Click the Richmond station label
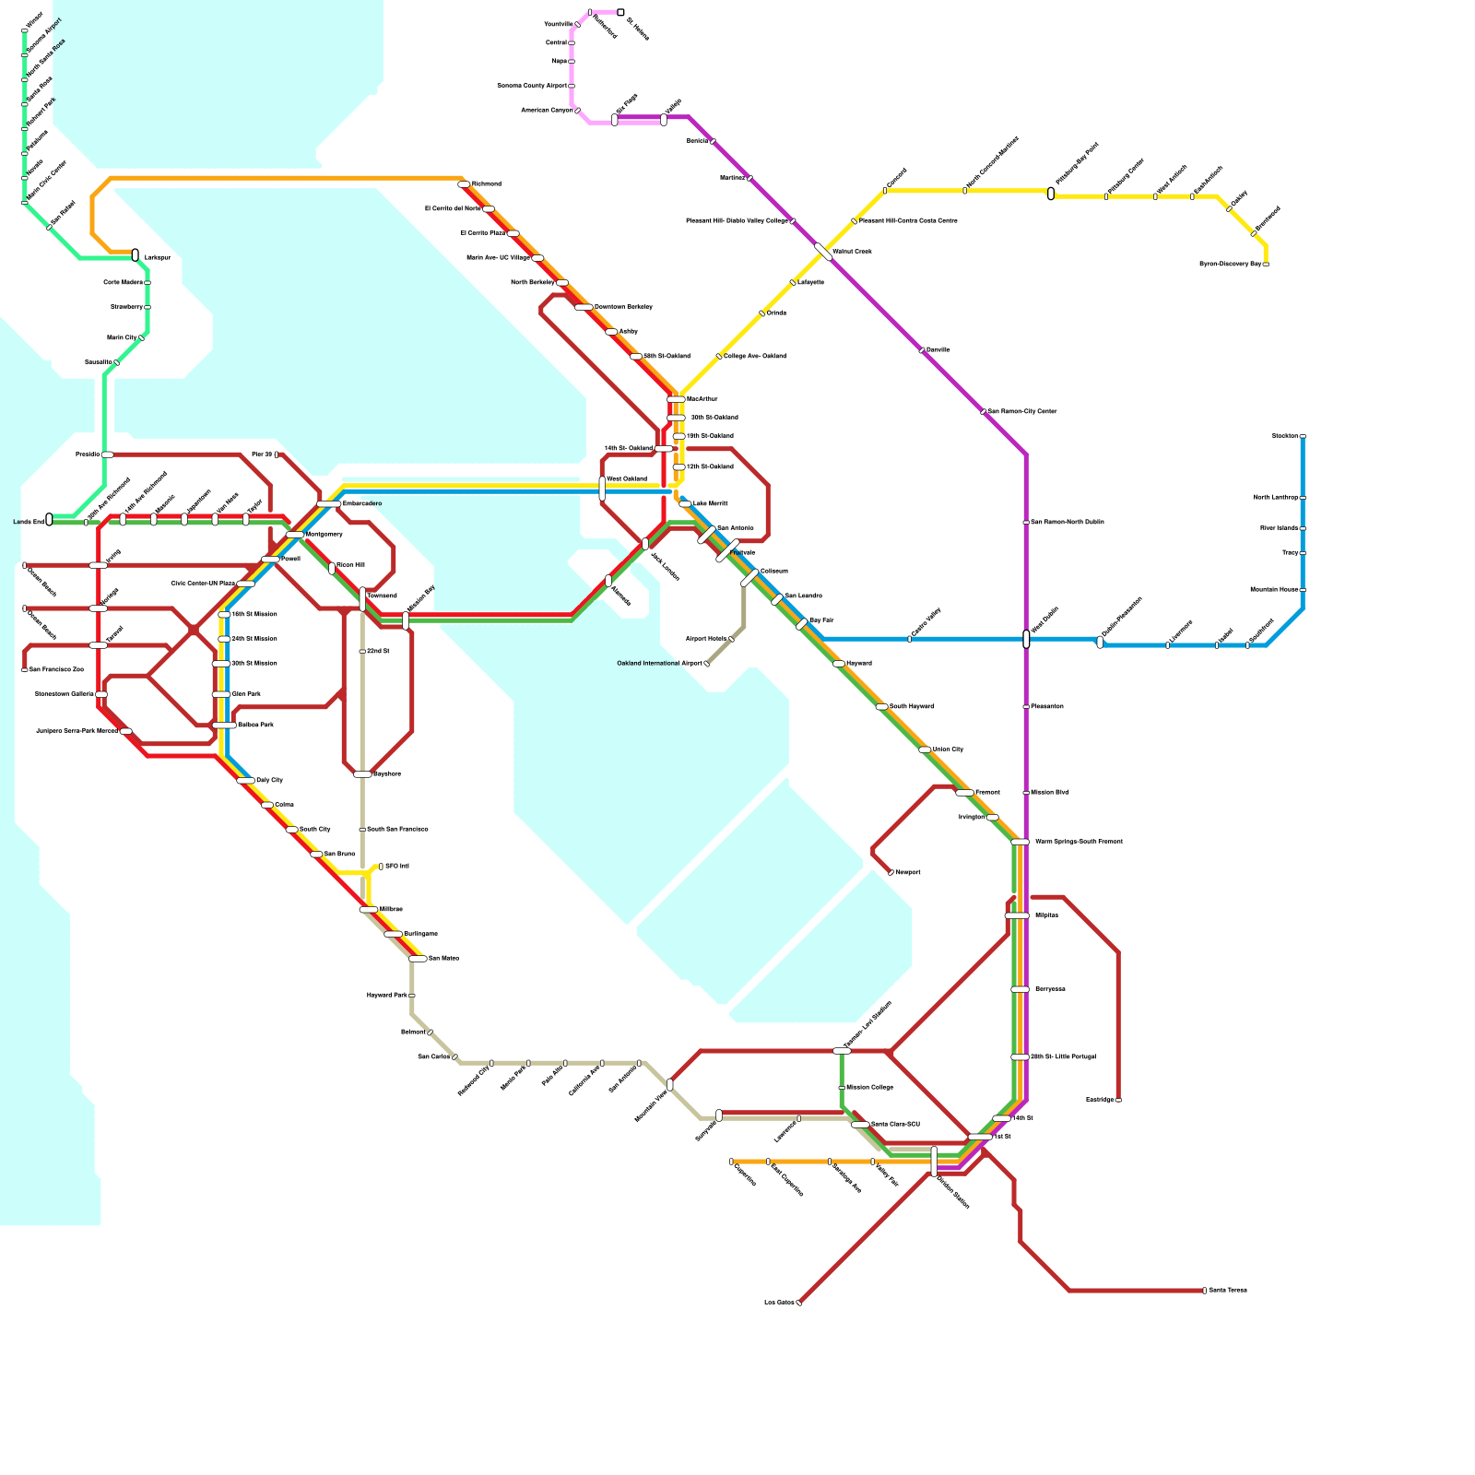point(486,184)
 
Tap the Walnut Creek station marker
point(823,252)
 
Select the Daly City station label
point(269,781)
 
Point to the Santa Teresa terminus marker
point(1204,1291)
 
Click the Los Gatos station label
point(779,1303)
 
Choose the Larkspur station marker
point(136,255)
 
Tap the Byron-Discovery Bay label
point(1230,265)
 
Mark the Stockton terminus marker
point(1303,436)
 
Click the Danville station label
point(938,350)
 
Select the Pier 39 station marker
point(277,454)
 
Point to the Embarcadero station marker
point(329,504)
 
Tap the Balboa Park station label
point(255,726)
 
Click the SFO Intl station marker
point(381,867)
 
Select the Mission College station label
point(869,1088)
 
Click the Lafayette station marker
point(793,283)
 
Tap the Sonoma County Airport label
point(532,86)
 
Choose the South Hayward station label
point(911,707)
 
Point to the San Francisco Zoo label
point(55,670)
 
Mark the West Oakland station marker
point(602,489)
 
